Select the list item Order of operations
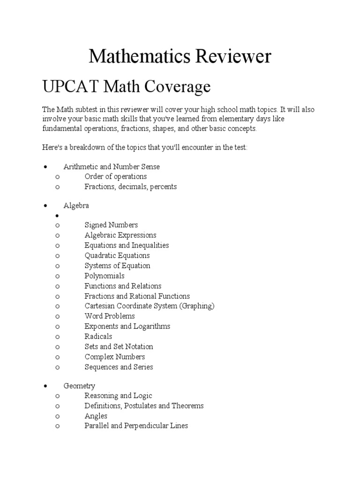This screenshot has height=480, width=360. (x=115, y=176)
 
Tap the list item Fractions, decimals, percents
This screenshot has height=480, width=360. (x=130, y=187)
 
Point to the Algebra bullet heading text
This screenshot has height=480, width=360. (x=76, y=205)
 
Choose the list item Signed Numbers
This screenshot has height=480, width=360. (x=111, y=225)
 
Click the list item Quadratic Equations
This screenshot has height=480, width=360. (x=117, y=255)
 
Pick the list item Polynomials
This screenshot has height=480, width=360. (x=105, y=276)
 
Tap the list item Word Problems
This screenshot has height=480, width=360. (x=110, y=316)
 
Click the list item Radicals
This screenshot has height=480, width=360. (x=98, y=337)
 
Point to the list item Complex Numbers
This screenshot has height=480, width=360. (x=115, y=357)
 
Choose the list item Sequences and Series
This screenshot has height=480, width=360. (x=119, y=367)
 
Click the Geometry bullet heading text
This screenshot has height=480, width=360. (x=79, y=386)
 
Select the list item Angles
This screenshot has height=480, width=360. (x=96, y=416)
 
